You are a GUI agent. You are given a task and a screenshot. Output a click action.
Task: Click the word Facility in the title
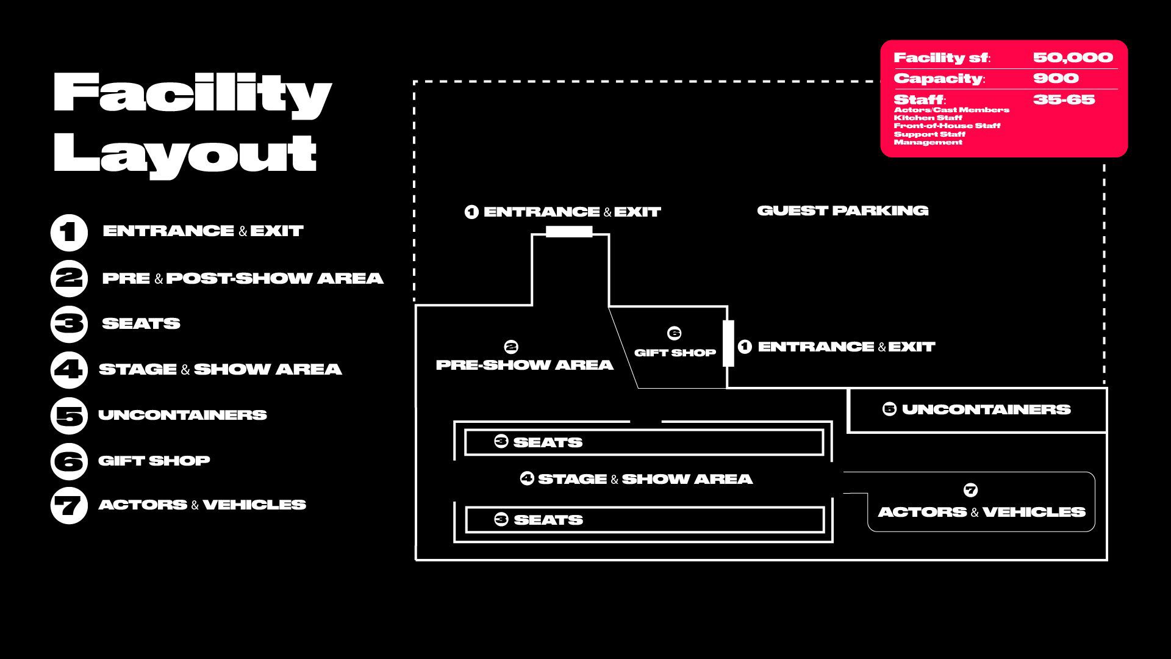(192, 95)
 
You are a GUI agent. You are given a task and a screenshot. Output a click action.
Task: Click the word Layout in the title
(185, 154)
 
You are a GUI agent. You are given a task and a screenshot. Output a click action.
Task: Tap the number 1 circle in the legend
(69, 232)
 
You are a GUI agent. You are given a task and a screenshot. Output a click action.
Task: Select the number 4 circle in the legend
(69, 370)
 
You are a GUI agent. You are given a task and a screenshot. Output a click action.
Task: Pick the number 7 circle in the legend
(69, 506)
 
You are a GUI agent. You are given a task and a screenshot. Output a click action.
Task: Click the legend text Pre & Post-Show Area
(243, 278)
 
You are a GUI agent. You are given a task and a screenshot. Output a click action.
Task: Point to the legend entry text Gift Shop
(154, 461)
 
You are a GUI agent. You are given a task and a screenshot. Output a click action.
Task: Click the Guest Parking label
(842, 211)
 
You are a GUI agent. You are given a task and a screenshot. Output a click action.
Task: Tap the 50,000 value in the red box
(1073, 58)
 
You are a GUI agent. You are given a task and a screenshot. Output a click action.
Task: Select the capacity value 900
(1056, 78)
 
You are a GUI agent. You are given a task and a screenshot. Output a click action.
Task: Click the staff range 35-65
(1064, 99)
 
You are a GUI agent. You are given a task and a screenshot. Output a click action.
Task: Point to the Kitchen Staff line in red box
(928, 118)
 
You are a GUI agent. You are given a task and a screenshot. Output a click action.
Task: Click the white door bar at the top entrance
(569, 232)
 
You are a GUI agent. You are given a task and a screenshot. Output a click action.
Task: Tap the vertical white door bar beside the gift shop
(728, 344)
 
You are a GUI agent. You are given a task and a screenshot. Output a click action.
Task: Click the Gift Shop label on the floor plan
(675, 353)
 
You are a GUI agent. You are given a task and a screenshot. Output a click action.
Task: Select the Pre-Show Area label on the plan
(525, 365)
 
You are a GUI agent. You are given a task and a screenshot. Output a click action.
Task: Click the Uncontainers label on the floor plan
(986, 409)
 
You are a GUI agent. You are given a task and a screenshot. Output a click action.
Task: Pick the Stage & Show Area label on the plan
(645, 479)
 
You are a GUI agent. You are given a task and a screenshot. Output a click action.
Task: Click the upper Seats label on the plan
(547, 442)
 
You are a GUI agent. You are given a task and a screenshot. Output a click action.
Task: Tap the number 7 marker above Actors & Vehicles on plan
(970, 490)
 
